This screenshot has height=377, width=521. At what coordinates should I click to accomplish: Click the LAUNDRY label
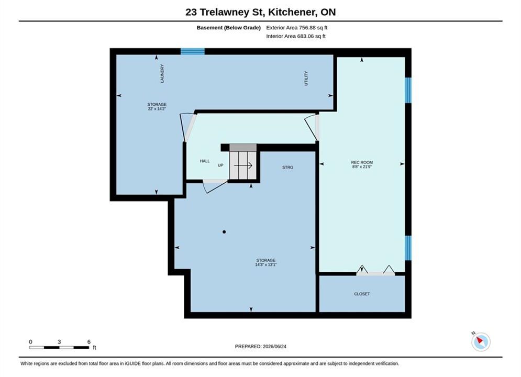162,73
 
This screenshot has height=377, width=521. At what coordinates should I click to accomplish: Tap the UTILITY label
306,79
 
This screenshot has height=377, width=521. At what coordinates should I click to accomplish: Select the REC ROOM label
362,162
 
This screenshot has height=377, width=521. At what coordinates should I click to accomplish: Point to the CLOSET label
362,294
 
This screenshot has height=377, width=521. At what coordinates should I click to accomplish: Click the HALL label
205,161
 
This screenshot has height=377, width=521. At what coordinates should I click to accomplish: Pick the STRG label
288,168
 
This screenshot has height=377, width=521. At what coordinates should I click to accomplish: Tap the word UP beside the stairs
220,165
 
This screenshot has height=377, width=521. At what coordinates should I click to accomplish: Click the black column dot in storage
224,232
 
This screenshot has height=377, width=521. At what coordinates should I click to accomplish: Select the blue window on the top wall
193,51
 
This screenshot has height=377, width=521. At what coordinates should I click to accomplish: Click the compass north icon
481,341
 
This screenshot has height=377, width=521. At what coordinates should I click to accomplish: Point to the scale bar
59,348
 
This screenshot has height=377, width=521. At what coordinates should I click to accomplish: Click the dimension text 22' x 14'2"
157,108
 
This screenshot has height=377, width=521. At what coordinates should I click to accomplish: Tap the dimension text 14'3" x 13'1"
266,265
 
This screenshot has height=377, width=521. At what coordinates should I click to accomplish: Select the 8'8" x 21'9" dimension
362,167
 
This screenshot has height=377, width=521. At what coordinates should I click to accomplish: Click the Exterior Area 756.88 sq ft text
297,28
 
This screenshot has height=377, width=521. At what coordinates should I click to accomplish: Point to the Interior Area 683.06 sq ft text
296,36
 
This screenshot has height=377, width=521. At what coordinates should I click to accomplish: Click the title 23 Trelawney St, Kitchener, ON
261,12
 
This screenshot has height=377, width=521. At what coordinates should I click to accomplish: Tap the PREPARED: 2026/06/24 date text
261,347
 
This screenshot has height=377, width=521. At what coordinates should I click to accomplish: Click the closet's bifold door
375,270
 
